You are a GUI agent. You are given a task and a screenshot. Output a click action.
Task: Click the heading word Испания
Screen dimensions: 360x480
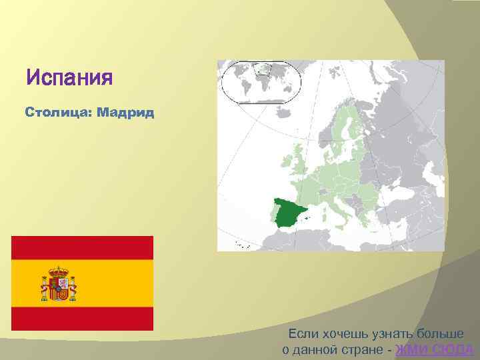pos(69,78)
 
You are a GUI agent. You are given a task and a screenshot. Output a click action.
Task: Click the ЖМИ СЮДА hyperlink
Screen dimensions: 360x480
pos(434,350)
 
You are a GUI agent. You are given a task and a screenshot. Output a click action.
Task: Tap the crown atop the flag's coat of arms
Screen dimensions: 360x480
pos(60,270)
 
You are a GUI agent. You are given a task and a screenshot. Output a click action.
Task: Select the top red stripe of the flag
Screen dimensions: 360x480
pos(83,247)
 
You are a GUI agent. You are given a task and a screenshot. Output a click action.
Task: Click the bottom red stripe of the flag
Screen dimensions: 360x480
pos(83,319)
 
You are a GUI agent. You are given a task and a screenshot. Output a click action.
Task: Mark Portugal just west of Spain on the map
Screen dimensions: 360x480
pos(272,215)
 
